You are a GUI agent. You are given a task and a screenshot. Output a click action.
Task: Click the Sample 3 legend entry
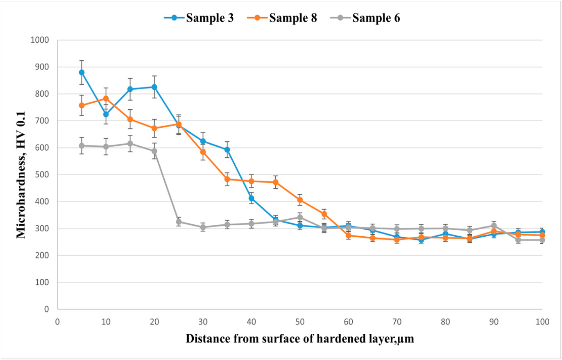199,18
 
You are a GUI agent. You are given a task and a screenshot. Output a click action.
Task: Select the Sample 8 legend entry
282,18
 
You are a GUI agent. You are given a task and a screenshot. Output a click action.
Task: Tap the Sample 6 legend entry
365,18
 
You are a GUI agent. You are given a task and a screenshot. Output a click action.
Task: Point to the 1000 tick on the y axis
40,40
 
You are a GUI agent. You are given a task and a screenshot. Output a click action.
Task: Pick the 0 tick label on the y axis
47,309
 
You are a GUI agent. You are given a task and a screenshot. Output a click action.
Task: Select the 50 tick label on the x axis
300,322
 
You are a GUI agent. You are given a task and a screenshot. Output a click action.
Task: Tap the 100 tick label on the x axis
542,322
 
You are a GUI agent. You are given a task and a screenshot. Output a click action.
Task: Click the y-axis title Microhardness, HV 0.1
21,175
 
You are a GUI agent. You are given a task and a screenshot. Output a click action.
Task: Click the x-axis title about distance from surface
300,339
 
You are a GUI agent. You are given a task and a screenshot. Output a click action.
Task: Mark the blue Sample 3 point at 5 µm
82,72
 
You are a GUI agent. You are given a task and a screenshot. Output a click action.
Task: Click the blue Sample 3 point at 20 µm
154,87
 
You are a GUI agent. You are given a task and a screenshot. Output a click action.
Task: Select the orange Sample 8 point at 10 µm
106,99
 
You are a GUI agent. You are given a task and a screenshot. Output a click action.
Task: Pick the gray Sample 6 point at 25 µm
179,222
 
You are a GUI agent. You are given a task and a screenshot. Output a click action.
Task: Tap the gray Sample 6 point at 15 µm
130,144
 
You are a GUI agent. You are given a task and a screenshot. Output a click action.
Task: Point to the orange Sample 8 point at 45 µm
276,182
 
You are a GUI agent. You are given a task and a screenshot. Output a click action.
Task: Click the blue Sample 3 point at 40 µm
252,199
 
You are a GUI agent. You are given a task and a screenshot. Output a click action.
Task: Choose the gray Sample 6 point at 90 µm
494,226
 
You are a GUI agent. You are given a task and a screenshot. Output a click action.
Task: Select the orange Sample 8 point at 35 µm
227,179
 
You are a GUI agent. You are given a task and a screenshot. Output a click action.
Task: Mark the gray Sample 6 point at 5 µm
82,146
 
